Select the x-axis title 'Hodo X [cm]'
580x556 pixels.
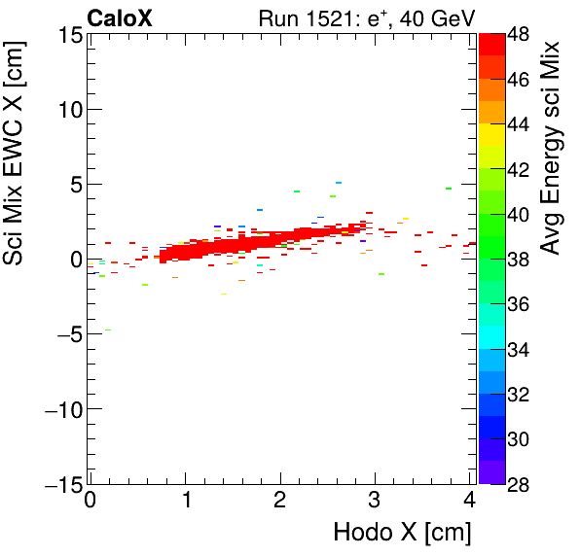tap(402, 533)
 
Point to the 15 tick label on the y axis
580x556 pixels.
tap(66, 35)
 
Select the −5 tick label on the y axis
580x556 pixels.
tap(62, 334)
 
